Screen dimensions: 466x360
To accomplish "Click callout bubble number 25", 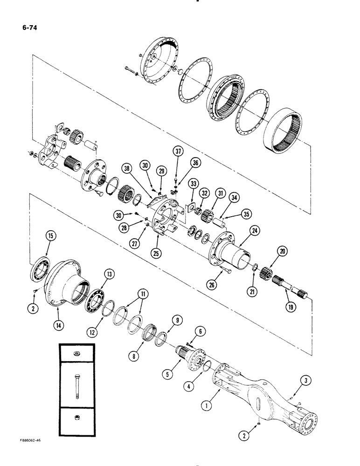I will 156,242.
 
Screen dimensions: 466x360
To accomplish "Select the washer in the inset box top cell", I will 77,354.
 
